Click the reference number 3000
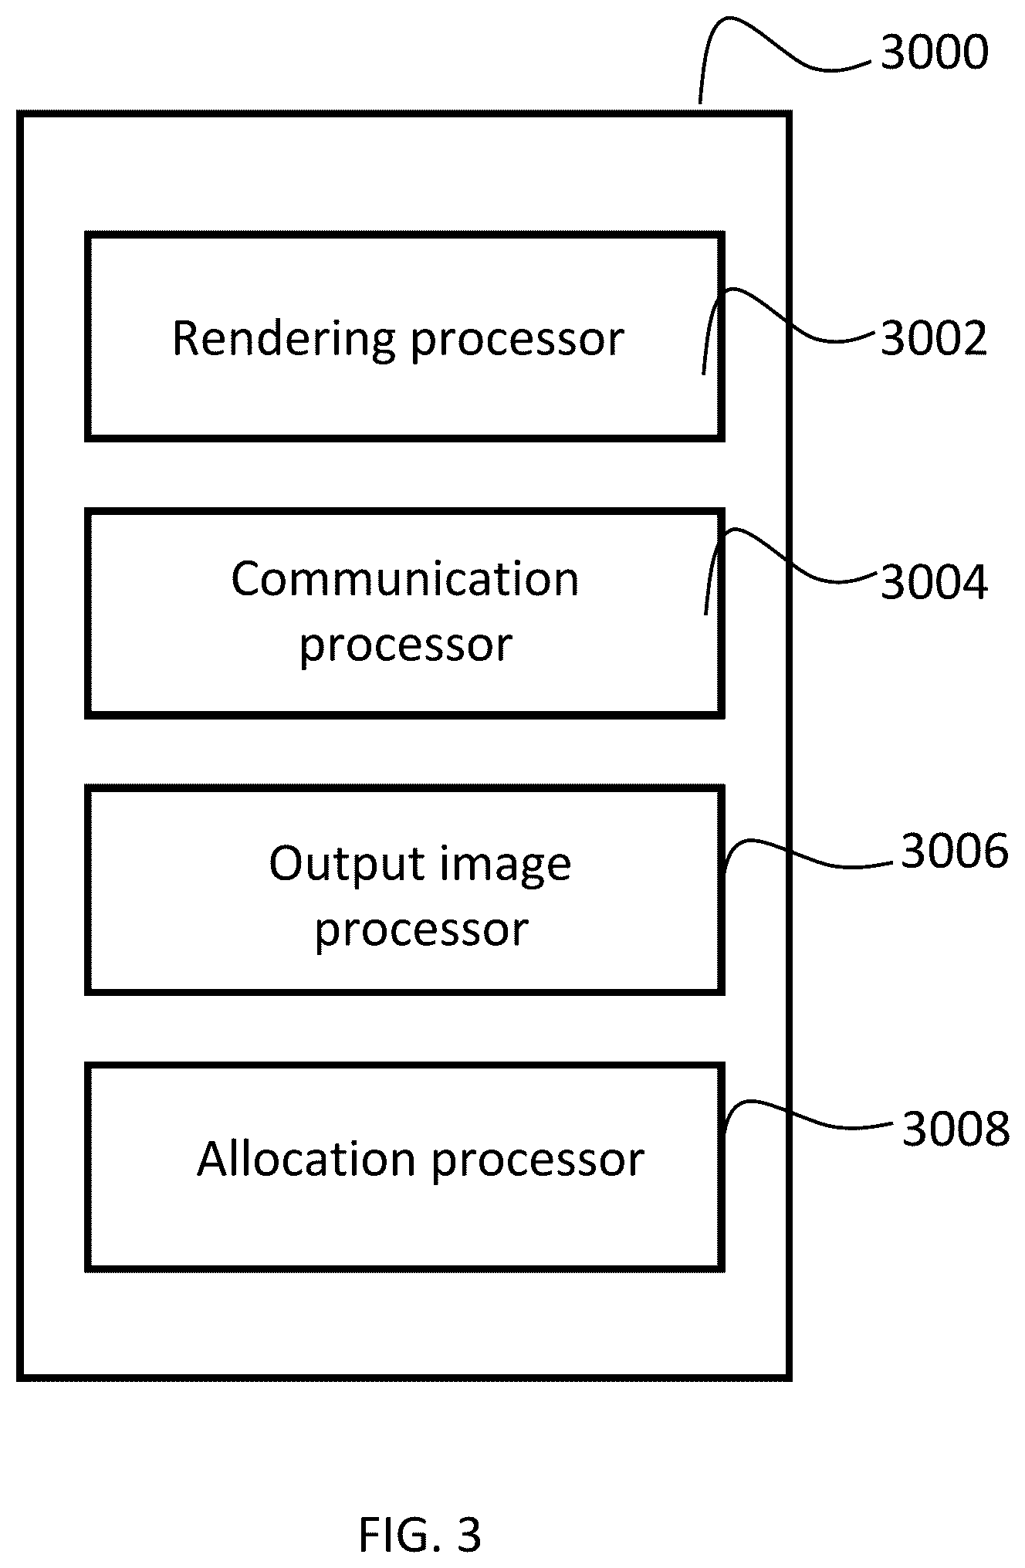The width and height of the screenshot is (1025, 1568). click(934, 53)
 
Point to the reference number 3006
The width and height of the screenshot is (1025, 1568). click(955, 852)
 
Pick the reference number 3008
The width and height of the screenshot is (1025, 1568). click(956, 1129)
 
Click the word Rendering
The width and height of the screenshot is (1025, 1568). click(283, 340)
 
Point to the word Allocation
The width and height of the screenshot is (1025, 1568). click(306, 1159)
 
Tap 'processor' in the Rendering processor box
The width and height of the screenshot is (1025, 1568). click(517, 342)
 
